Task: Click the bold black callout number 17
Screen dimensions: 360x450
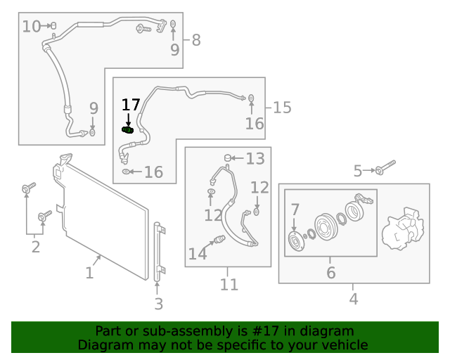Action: [x=131, y=105]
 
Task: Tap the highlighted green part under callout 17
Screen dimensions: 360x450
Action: [x=128, y=129]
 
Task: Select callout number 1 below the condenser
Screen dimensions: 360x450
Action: [x=89, y=273]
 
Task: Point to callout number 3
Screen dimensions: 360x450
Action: [x=158, y=304]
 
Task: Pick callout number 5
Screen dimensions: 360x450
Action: [x=358, y=171]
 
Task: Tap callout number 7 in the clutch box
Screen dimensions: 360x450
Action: [x=295, y=209]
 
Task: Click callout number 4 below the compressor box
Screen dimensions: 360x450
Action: [x=354, y=299]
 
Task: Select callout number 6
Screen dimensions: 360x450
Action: [x=330, y=273]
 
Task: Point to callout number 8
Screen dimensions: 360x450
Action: [x=195, y=40]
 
